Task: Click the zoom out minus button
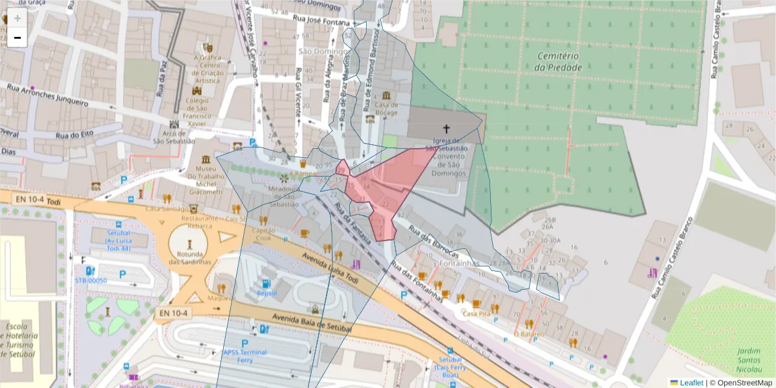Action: [x=17, y=38]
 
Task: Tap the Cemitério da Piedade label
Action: [x=559, y=61]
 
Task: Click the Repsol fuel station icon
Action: [x=265, y=283]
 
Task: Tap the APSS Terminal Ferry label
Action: [x=244, y=356]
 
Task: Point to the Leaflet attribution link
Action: [x=691, y=383]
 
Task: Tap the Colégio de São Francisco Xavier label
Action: [x=197, y=111]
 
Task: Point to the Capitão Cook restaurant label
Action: [x=263, y=234]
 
